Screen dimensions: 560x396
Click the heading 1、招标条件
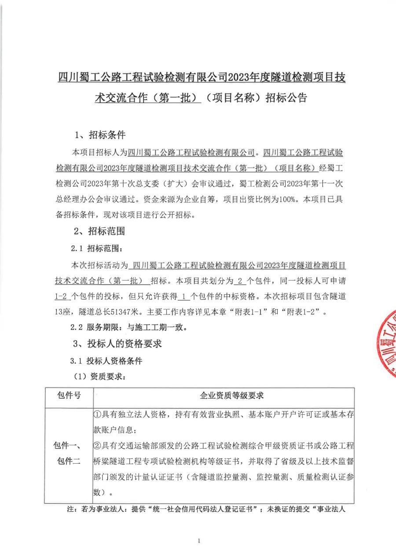point(100,134)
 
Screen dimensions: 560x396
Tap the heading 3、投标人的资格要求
point(117,344)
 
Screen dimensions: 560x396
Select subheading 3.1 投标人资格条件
point(106,361)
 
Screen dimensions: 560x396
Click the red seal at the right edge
point(386,344)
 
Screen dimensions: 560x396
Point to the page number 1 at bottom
point(199,541)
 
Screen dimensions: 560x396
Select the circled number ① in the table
point(98,415)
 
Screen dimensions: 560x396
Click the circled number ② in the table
point(98,446)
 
